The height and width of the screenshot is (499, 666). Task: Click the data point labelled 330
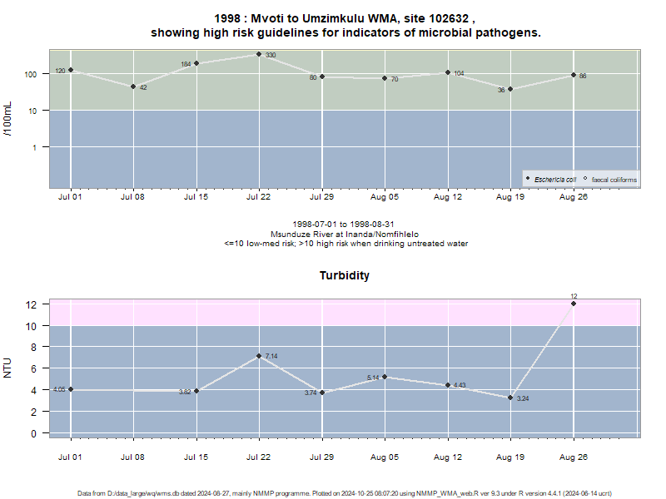click(x=259, y=54)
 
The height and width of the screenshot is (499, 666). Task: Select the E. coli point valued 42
click(x=133, y=86)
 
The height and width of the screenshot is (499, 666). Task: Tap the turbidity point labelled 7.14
click(x=259, y=356)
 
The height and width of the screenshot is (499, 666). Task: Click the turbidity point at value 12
click(x=574, y=304)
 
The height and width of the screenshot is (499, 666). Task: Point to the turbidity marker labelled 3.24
click(x=510, y=398)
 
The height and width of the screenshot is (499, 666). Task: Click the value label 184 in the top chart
click(x=186, y=65)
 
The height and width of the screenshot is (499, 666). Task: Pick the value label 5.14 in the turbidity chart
click(x=373, y=378)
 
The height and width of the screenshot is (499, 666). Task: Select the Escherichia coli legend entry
click(x=551, y=180)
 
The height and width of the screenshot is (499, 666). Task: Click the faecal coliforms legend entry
click(x=610, y=180)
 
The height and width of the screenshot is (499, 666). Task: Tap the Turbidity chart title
click(x=345, y=276)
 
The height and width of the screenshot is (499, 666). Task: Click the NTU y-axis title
click(x=7, y=368)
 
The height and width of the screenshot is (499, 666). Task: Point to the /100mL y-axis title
click(x=7, y=119)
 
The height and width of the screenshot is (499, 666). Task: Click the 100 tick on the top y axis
click(x=31, y=74)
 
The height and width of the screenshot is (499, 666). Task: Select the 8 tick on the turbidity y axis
click(x=33, y=347)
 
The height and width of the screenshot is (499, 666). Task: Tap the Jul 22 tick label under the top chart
click(x=258, y=197)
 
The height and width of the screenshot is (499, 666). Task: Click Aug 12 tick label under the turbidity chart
click(x=448, y=457)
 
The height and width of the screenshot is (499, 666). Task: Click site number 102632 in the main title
click(x=449, y=18)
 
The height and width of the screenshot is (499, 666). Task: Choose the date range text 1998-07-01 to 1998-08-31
click(x=343, y=224)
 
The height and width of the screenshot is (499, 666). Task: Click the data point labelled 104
click(x=448, y=72)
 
